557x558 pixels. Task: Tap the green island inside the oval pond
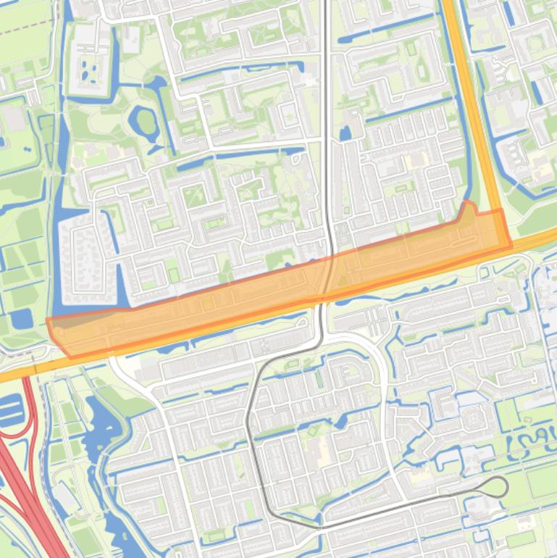[x=146, y=122]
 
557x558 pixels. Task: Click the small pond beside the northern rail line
[x=345, y=133]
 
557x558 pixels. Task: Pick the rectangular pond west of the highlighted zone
[x=21, y=319]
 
